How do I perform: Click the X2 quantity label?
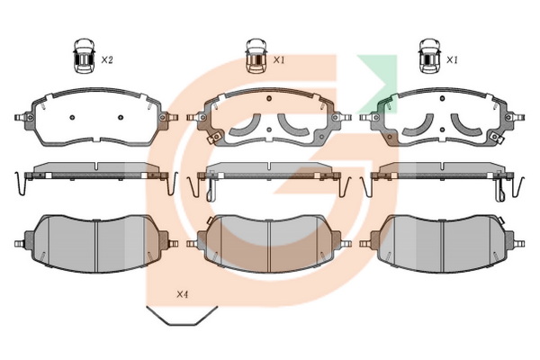point(107,60)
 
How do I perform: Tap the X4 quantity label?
point(182,294)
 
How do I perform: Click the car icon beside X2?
point(84,56)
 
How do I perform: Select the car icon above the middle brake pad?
point(256,56)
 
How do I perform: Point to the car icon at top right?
point(429,56)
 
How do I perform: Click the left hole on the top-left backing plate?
point(72,118)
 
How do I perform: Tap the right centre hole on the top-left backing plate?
point(121,118)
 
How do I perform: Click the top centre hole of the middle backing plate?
point(269,99)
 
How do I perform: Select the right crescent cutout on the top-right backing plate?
point(466,127)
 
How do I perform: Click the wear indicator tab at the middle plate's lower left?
point(214,138)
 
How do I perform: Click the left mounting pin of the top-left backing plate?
point(21,118)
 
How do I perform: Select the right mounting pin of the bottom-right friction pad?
point(519,244)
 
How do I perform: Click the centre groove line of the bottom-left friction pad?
point(96,246)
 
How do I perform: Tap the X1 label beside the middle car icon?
point(279,60)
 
